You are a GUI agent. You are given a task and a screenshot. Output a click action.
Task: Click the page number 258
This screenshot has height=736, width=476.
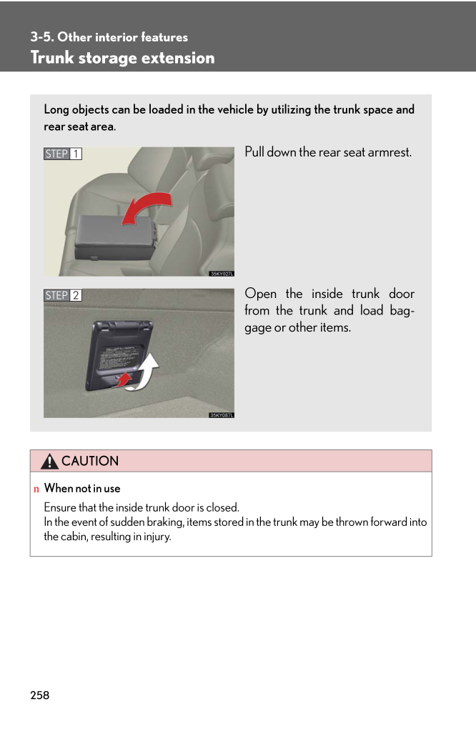coord(40,695)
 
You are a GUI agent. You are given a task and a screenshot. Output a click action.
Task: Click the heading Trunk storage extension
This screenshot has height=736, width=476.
coord(122,58)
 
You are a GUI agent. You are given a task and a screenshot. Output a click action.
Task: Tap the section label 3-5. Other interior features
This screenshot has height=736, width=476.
coord(109,37)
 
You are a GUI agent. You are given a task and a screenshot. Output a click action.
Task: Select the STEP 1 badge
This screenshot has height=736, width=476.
coord(63,154)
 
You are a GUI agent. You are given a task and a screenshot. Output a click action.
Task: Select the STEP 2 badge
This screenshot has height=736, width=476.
coord(63,295)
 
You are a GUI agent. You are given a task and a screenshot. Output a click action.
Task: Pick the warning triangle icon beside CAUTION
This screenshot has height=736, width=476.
coord(49,462)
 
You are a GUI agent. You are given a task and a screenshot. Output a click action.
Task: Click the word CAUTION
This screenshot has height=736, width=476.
coord(90,462)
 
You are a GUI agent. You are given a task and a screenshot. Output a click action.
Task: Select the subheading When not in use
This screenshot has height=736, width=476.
coord(82,489)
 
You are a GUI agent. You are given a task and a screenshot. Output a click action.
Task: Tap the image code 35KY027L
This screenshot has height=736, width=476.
coord(222,272)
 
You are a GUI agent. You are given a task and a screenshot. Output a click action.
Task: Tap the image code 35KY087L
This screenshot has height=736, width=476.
coord(222,414)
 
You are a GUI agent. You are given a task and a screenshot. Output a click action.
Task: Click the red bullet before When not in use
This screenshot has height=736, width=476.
coord(36,489)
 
